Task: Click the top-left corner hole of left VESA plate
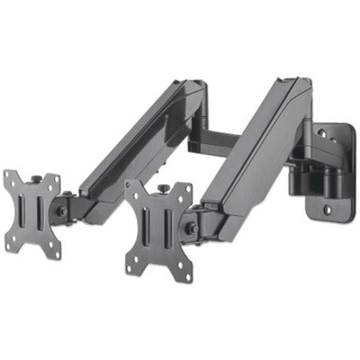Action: (x=9, y=175)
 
